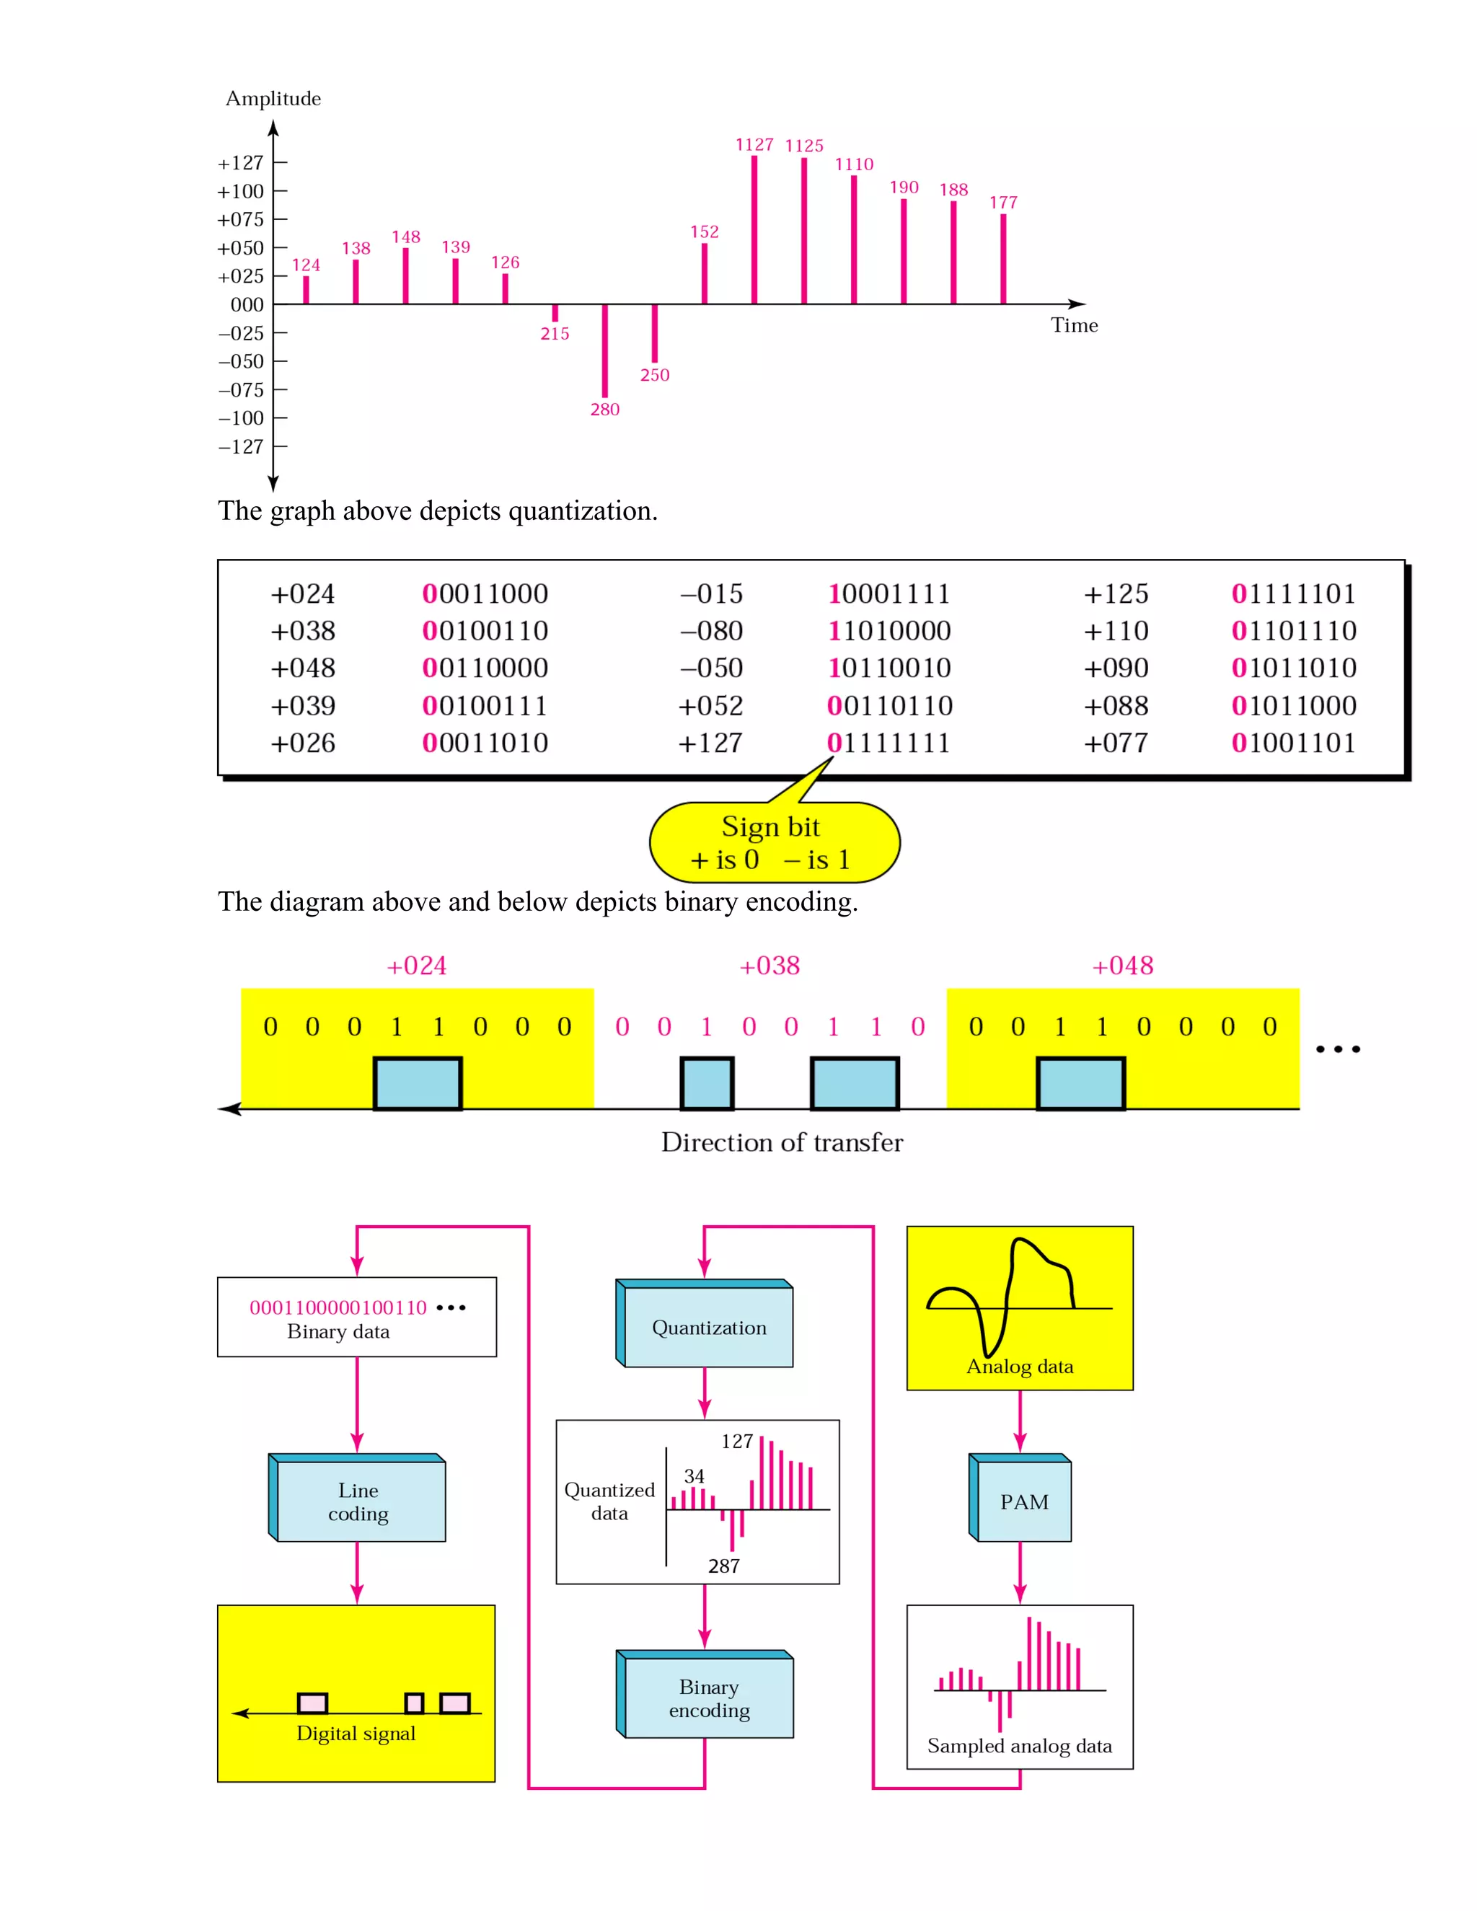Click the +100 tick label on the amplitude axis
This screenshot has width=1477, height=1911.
pos(241,192)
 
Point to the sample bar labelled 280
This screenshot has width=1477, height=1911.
pos(604,350)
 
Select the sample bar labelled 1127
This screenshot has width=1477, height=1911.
pos(754,229)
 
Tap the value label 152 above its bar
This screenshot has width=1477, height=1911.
pos(705,232)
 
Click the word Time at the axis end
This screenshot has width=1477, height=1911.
pos(1074,325)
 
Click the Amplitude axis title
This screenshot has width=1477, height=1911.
pos(273,99)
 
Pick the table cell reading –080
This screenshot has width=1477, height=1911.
pos(711,631)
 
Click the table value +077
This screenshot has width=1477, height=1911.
pos(1116,743)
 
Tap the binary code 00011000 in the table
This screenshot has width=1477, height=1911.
pos(485,594)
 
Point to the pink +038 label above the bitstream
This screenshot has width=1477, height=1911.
pos(769,966)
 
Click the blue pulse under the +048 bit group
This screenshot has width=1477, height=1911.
pos(1080,1083)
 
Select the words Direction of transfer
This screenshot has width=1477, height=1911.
pos(781,1143)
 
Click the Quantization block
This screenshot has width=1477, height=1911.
pos(708,1328)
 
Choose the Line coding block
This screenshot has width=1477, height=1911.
pos(358,1501)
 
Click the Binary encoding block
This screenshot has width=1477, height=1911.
pos(708,1698)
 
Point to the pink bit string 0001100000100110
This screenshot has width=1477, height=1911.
pos(338,1307)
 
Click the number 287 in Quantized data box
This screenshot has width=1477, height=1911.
pos(723,1566)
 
